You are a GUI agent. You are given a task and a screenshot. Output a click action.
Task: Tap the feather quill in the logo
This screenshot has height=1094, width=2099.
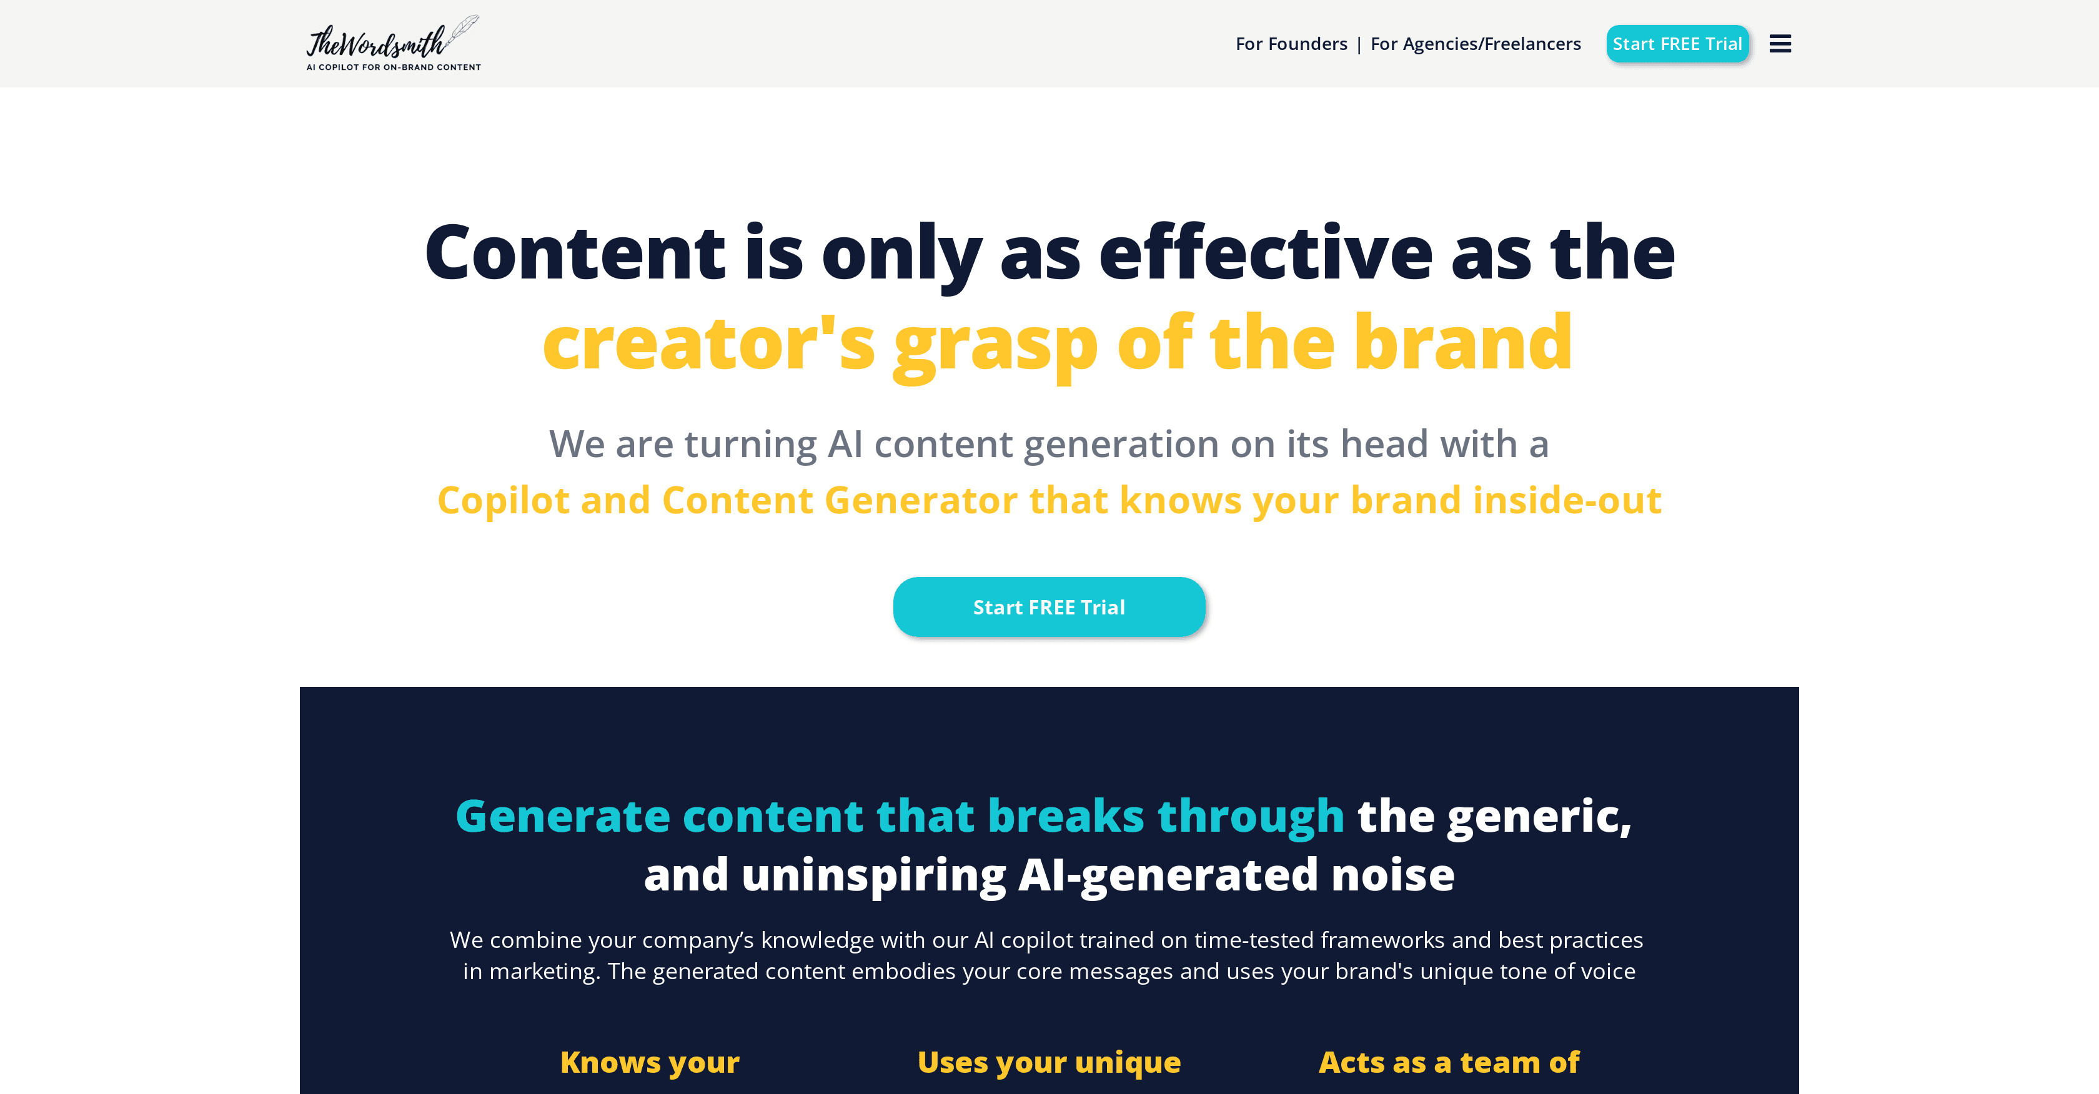[464, 29]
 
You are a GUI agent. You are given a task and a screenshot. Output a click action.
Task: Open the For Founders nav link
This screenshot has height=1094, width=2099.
[1291, 44]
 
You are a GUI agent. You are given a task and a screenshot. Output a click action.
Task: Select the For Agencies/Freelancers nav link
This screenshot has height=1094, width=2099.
[1476, 44]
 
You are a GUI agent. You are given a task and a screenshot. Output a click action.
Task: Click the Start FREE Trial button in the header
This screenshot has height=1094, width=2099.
[1678, 44]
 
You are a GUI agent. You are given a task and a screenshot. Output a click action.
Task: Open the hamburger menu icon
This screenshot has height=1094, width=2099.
[1780, 44]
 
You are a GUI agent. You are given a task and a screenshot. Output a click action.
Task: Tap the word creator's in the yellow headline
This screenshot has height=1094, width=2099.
[709, 343]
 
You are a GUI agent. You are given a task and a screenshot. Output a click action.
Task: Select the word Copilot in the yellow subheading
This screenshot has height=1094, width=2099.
[504, 500]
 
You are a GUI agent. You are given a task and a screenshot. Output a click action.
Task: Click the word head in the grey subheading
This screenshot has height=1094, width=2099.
[1384, 444]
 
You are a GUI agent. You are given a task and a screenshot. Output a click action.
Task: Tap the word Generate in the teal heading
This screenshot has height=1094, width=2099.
[563, 816]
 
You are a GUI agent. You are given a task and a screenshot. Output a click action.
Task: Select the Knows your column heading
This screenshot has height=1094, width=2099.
[650, 1063]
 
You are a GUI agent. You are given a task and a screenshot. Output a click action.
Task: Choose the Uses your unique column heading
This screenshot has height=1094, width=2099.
[1049, 1063]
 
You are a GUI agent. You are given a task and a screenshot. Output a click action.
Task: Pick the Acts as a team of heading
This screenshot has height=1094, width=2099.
[1449, 1062]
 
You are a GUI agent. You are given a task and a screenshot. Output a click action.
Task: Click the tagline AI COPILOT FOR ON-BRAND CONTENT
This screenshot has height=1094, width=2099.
[394, 67]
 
